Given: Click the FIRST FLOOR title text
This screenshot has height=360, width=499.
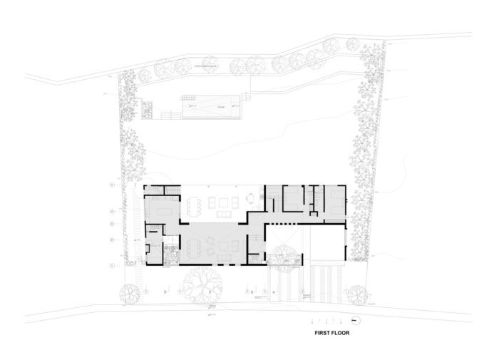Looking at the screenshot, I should pos(331,332).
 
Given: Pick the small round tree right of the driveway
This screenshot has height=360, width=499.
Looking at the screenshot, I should pos(356,292).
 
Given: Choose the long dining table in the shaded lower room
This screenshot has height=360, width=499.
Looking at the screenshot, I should pos(193,247).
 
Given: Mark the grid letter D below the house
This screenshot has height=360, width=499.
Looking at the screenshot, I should pos(165,291).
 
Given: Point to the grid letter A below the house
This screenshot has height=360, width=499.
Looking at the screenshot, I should pos(274,291).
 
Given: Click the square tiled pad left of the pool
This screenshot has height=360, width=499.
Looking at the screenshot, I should pos(149,109).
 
